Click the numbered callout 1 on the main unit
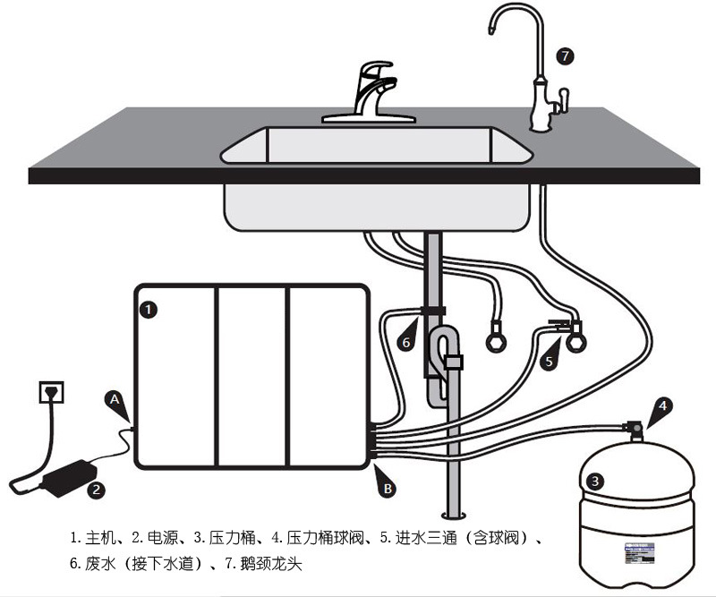click(150, 309)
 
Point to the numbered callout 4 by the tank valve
click(662, 405)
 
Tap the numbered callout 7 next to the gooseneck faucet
click(564, 55)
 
